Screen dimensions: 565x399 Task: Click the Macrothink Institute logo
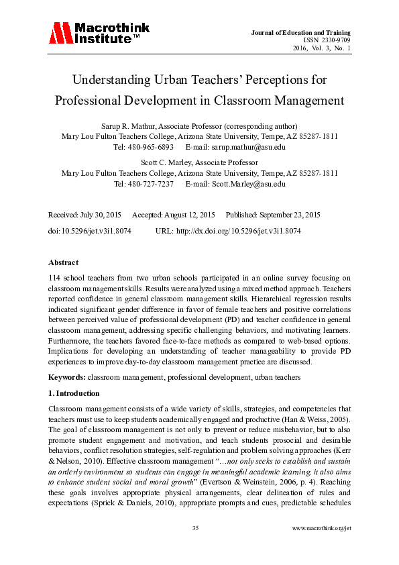click(99, 33)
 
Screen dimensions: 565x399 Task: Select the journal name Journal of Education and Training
click(310, 33)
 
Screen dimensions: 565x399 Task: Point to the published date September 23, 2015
click(286, 215)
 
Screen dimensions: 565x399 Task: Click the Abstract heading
click(63, 262)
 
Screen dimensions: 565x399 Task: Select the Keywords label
click(67, 378)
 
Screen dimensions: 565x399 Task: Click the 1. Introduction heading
click(74, 393)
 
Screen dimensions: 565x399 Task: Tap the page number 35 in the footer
click(195, 529)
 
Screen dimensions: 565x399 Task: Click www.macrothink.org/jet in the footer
click(322, 529)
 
